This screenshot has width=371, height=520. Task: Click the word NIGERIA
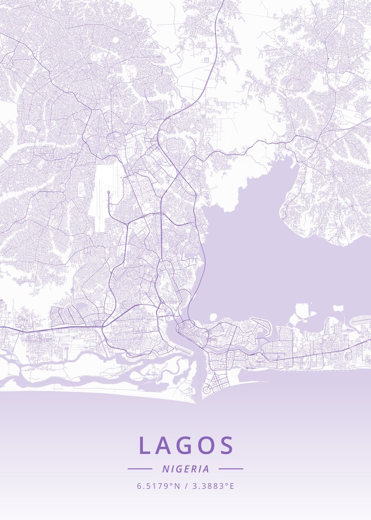pyautogui.click(x=186, y=469)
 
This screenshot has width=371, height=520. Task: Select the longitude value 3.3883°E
pyautogui.click(x=213, y=486)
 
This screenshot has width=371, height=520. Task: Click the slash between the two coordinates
pyautogui.click(x=186, y=486)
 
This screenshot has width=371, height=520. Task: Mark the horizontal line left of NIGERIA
pyautogui.click(x=140, y=469)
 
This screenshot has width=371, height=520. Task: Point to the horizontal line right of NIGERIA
pyautogui.click(x=231, y=469)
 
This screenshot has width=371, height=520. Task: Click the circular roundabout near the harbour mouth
pyautogui.click(x=206, y=389)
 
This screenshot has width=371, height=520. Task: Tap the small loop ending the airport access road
pyautogui.click(x=108, y=192)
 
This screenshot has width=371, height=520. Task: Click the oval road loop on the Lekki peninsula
pyautogui.click(x=348, y=355)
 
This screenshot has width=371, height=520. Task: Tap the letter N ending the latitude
pyautogui.click(x=177, y=486)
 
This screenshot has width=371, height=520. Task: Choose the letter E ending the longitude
pyautogui.click(x=232, y=486)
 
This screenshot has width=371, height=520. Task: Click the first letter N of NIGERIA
pyautogui.click(x=165, y=469)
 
